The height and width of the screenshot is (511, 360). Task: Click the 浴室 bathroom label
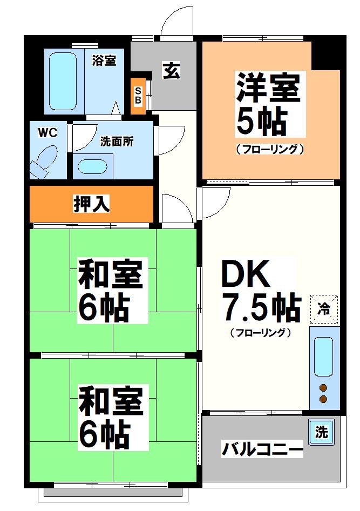104,60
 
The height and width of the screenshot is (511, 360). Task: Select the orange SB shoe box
138,96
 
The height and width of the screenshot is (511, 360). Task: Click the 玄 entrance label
172,71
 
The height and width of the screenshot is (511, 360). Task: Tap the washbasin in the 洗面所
93,166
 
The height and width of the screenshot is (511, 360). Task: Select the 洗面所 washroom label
117,142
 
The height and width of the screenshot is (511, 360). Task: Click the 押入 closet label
92,204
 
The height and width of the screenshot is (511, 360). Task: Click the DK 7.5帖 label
260,292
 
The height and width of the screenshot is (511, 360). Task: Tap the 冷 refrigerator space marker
324,309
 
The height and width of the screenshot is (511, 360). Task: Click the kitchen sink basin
323,356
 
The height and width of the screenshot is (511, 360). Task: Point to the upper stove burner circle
323,387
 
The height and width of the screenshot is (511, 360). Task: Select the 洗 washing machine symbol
321,432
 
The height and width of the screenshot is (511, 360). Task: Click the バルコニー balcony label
262,449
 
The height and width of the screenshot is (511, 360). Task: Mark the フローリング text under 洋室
270,149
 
